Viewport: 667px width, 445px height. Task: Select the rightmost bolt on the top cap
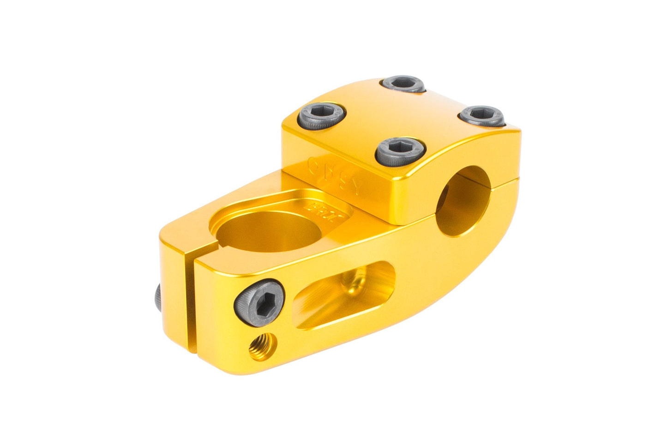click(x=482, y=115)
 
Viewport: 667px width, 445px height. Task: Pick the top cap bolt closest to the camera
click(x=400, y=150)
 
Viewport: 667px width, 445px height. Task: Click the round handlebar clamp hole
click(x=463, y=201)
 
